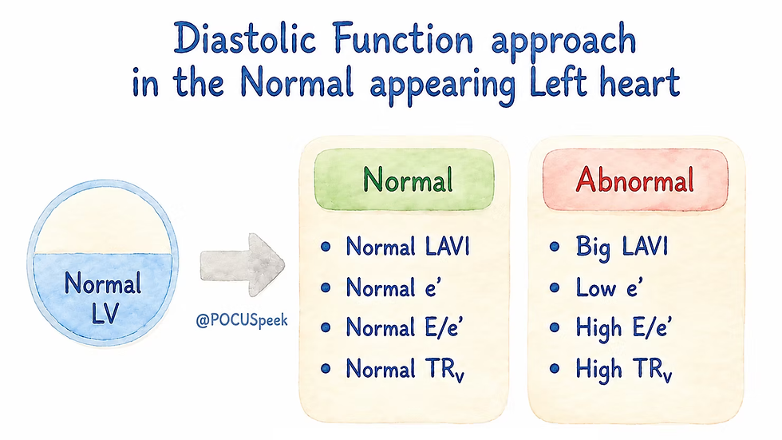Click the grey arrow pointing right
[x=243, y=265]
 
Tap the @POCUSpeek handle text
[x=242, y=320]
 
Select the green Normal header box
[x=404, y=180]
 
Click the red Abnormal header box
[x=635, y=180]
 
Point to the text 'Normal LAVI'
[x=408, y=247]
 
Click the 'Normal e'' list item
[x=393, y=287]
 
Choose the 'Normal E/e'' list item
[x=405, y=327]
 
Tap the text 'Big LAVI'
[x=622, y=247]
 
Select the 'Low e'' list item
[x=610, y=287]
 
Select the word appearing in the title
[x=442, y=85]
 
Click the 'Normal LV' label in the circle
[x=103, y=298]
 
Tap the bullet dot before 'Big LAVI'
[x=554, y=247]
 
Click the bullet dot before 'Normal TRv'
[x=326, y=369]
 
